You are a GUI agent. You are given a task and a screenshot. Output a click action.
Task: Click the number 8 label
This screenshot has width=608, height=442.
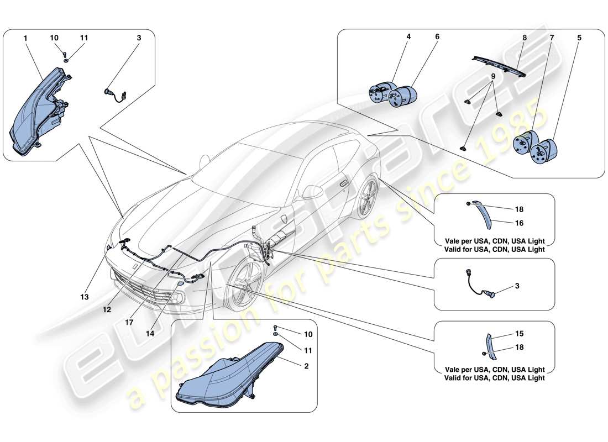click(x=525, y=38)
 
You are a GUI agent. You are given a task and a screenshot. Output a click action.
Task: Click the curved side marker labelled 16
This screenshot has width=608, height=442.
click(x=486, y=216)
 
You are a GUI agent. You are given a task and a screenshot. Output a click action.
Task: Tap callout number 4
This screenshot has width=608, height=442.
click(x=408, y=38)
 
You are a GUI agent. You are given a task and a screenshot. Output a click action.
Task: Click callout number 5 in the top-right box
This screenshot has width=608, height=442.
click(x=579, y=38)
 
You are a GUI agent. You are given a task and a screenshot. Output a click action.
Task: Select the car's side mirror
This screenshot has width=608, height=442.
click(x=312, y=191)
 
